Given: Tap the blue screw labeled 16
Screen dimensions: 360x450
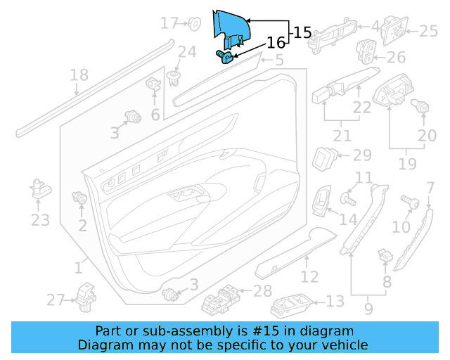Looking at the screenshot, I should (x=223, y=56).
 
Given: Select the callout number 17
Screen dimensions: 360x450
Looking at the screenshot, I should (x=169, y=24).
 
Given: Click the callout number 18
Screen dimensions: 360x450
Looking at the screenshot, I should (x=79, y=75).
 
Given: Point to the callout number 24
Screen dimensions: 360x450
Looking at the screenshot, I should (x=186, y=51).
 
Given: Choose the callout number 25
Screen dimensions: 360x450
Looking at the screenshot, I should (x=428, y=31).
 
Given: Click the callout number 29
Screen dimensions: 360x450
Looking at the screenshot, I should (x=361, y=155).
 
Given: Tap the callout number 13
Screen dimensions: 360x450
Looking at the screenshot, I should (x=335, y=302).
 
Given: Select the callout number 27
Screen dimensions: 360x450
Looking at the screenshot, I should (x=56, y=300).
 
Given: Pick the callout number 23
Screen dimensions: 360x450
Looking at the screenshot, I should (x=40, y=220).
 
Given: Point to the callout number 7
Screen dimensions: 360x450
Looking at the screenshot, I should (x=430, y=188).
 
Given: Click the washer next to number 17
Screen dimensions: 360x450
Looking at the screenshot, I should (x=192, y=25).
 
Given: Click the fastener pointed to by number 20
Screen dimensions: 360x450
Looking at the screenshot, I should (x=423, y=107).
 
